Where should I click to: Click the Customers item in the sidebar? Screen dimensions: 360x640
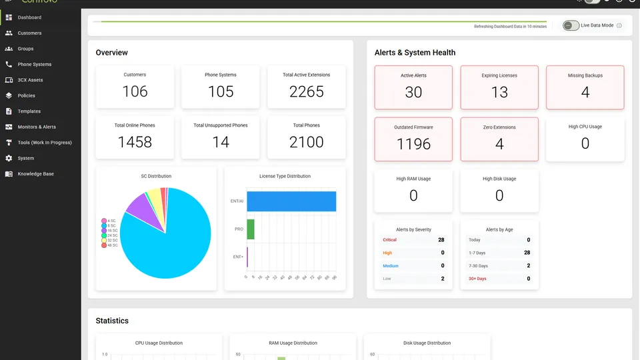tap(29, 33)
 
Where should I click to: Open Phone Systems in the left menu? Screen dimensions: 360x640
tap(34, 64)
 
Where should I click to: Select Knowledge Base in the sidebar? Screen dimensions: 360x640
tap(35, 174)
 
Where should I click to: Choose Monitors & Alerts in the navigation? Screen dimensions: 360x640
tap(37, 127)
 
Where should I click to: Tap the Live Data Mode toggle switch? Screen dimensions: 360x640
tap(571, 25)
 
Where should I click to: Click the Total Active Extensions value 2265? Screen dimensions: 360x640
tap(306, 91)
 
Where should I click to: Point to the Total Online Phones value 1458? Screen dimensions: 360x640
tap(135, 142)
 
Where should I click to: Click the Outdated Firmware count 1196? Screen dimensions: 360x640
tap(413, 144)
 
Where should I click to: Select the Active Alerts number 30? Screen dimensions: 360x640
tap(413, 92)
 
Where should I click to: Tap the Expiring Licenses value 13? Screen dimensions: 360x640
tap(499, 92)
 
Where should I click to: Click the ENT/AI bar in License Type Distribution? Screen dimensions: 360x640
tap(291, 201)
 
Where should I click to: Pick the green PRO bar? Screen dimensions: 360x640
tap(251, 229)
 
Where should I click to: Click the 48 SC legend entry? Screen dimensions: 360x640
tap(110, 245)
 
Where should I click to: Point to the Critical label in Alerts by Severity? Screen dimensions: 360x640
tap(389, 240)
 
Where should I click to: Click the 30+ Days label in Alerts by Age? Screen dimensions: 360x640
tap(477, 279)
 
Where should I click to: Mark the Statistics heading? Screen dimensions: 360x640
tap(112, 321)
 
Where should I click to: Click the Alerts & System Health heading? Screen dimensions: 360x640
tap(415, 53)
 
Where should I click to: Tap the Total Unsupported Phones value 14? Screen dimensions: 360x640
tap(221, 142)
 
